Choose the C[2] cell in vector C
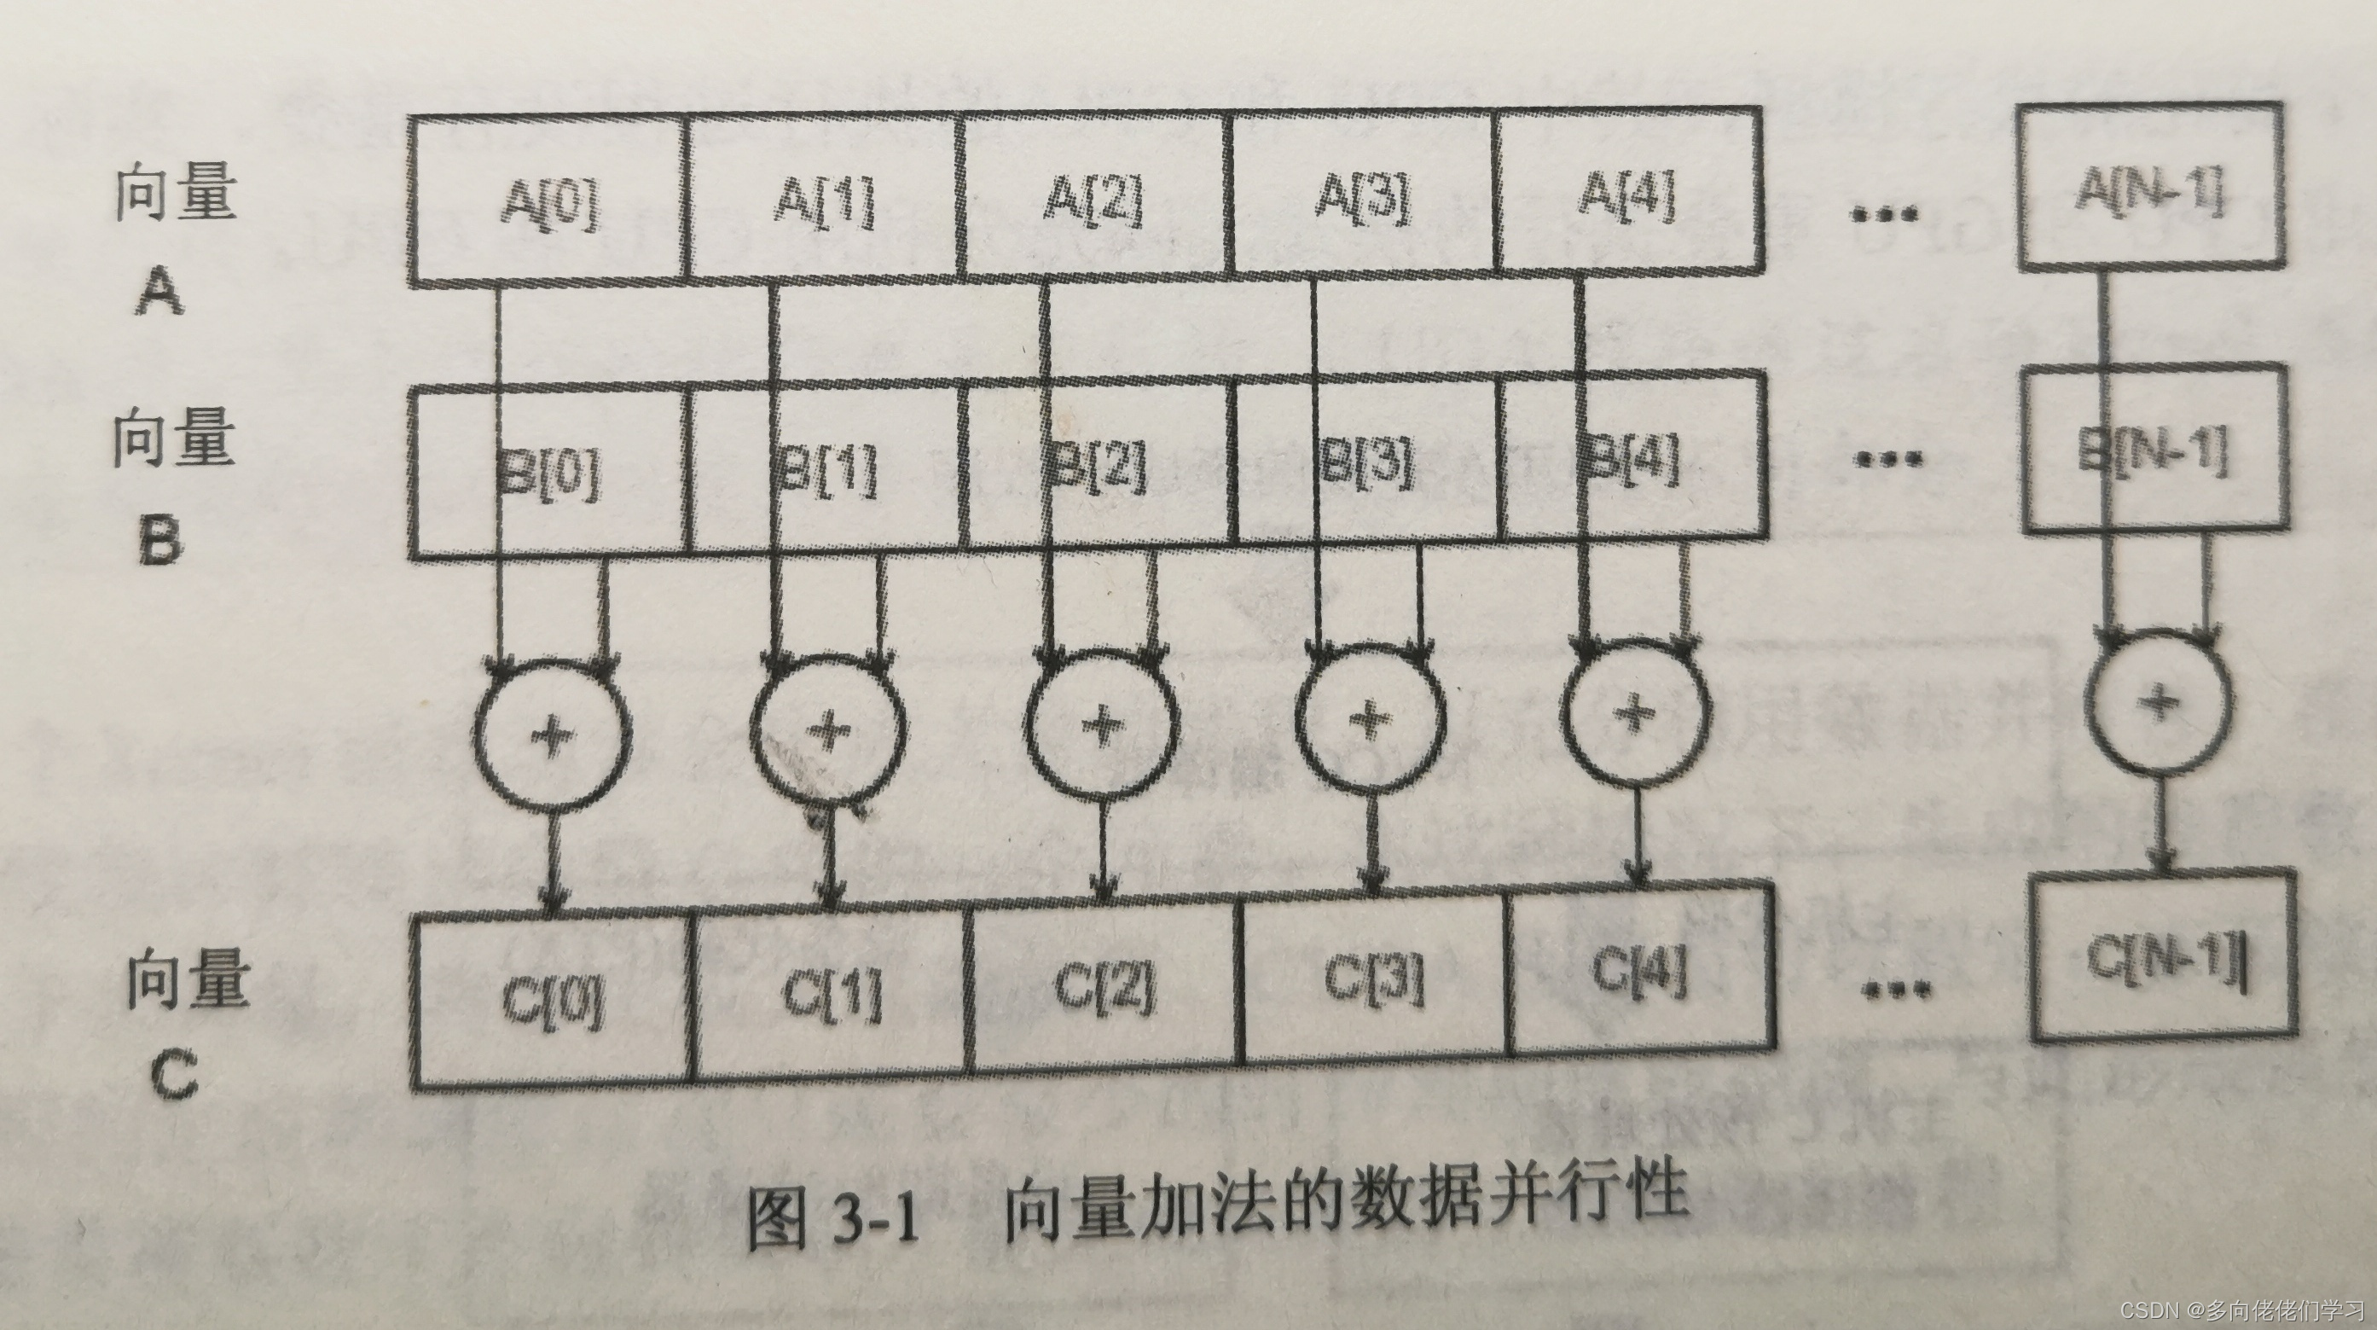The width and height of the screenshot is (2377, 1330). click(1103, 988)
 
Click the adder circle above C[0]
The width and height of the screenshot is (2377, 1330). click(552, 735)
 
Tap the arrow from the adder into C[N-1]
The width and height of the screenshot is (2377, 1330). click(2161, 826)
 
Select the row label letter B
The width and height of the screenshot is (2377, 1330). click(159, 539)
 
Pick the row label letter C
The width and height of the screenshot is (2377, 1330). click(172, 1076)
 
